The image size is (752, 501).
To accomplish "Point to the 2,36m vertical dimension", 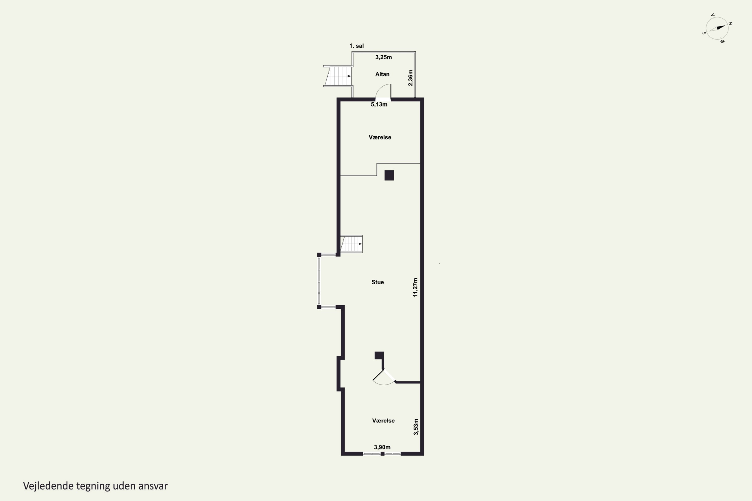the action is [x=411, y=78].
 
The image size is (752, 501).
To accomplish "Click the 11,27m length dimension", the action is [x=415, y=287].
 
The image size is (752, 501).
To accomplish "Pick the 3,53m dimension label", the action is [x=416, y=427].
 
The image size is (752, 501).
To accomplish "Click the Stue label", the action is [x=378, y=282].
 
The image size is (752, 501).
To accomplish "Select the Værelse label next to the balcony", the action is [x=380, y=137].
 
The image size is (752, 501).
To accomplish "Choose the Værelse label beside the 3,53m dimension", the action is [x=383, y=421].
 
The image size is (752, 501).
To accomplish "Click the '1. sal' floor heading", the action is [x=356, y=46].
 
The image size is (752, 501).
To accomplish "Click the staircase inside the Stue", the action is [x=351, y=244].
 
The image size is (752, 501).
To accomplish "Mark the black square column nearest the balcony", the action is [x=389, y=175].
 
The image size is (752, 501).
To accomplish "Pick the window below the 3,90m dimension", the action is [x=382, y=454].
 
